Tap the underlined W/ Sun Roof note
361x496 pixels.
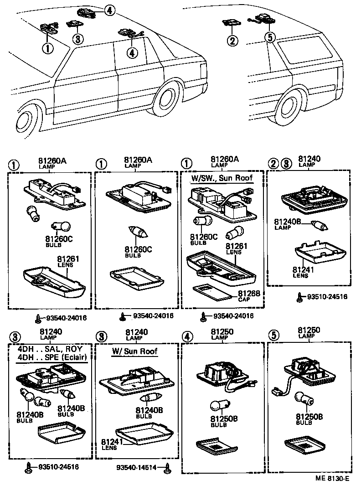(x=134, y=351)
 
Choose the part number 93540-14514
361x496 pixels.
(x=139, y=468)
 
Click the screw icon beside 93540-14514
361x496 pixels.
(x=167, y=467)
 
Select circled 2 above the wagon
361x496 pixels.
(x=233, y=41)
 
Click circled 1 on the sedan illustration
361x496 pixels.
(x=47, y=47)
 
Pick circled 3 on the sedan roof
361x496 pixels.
(x=78, y=39)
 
